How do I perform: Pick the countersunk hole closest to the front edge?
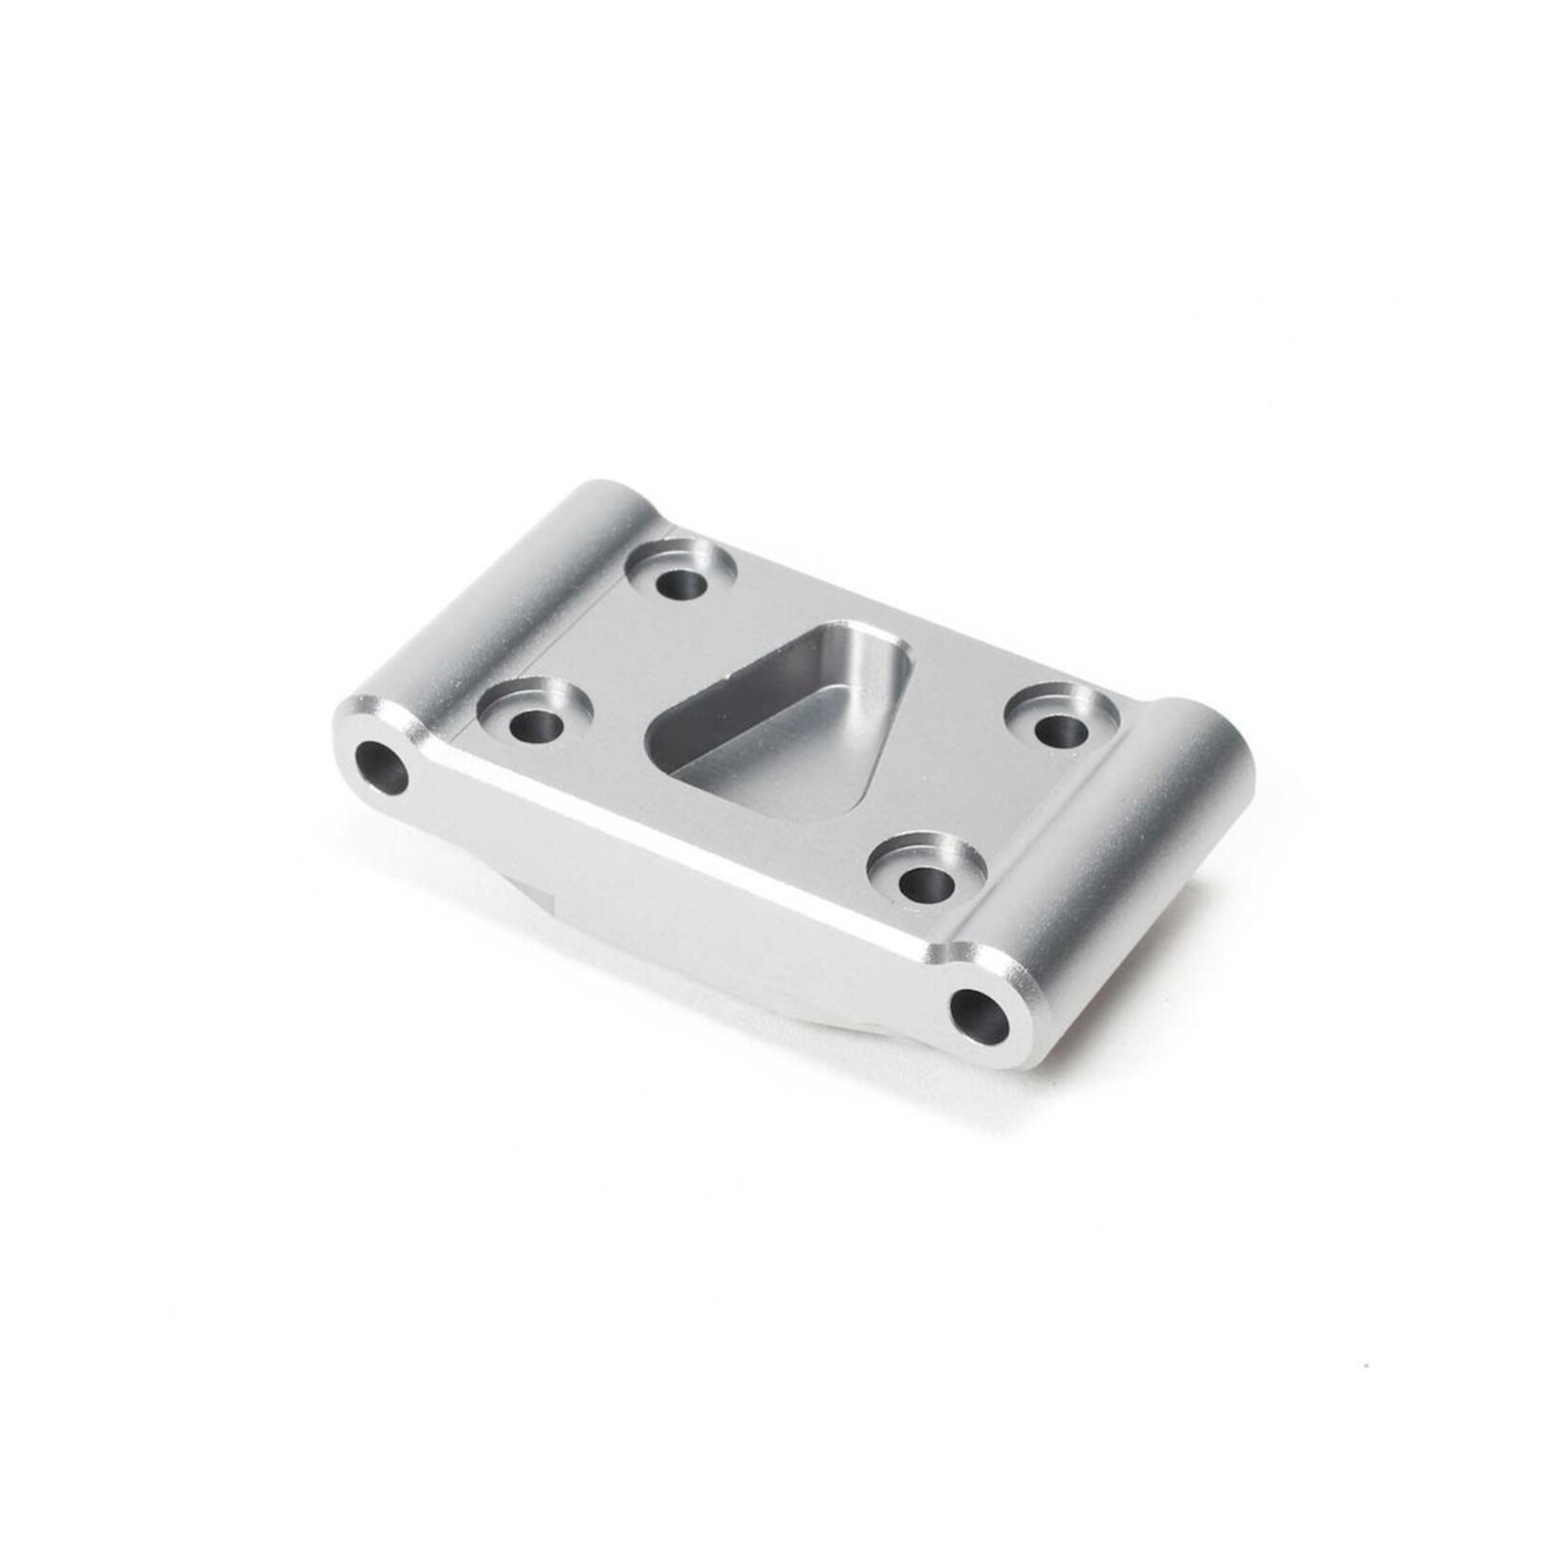(919, 884)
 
